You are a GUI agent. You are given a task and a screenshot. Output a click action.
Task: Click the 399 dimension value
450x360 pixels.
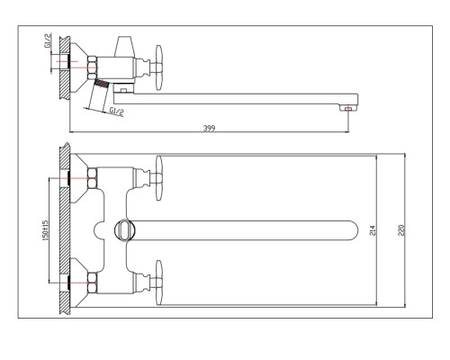point(209,128)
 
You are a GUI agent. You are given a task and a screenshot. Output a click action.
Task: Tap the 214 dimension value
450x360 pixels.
point(373,230)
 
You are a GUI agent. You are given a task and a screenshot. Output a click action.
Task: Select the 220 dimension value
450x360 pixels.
point(401,230)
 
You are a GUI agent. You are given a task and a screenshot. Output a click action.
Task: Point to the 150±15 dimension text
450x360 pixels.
point(45,230)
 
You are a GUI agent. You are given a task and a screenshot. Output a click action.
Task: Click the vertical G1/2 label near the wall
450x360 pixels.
point(48,40)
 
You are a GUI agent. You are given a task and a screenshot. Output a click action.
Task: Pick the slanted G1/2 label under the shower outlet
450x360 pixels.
point(116,112)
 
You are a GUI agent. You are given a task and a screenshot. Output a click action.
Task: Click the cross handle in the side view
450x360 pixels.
point(159,67)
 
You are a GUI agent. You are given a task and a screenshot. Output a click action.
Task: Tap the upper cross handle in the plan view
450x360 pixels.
point(159,178)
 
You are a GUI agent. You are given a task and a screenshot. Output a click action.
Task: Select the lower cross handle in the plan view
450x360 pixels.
point(159,283)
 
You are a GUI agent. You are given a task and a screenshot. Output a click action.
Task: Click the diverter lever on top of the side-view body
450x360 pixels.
point(123,47)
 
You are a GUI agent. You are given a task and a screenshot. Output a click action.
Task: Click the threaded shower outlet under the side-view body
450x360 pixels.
point(101,83)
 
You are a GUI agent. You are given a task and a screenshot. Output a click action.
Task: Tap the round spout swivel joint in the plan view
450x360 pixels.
point(125,230)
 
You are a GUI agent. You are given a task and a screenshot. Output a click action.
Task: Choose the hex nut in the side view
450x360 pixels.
point(92,67)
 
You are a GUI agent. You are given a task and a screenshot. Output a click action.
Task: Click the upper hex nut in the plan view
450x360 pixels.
point(92,178)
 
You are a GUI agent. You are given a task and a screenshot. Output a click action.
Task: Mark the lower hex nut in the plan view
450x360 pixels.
point(92,283)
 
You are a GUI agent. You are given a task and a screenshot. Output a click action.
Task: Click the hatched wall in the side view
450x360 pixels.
point(65,67)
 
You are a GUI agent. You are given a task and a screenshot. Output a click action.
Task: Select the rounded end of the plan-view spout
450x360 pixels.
point(352,230)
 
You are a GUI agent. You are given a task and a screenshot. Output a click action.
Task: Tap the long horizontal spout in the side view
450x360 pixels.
point(236,99)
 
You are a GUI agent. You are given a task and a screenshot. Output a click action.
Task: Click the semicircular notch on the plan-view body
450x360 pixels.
point(98,230)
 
